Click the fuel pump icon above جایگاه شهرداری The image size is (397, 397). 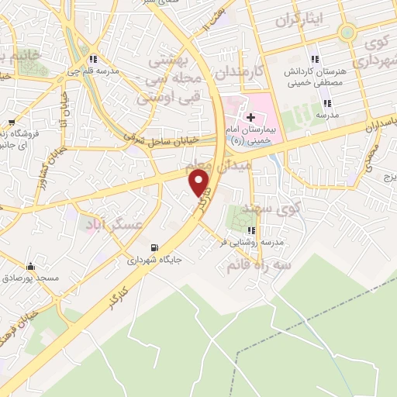[154, 247]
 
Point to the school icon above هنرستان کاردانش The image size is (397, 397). [314, 59]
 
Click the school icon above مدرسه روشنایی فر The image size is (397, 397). [250, 230]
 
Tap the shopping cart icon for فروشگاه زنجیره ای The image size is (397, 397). [12, 123]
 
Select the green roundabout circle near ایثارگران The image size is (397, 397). [347, 32]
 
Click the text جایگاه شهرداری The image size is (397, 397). [155, 261]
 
